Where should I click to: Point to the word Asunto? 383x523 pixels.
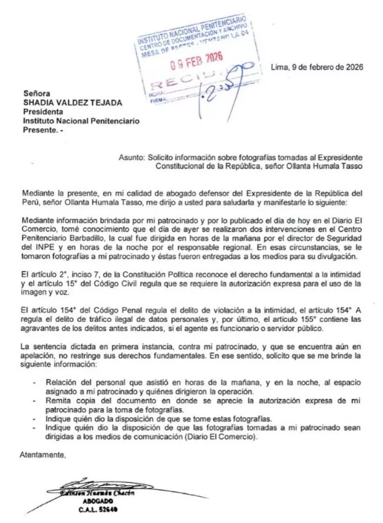pos(132,158)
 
